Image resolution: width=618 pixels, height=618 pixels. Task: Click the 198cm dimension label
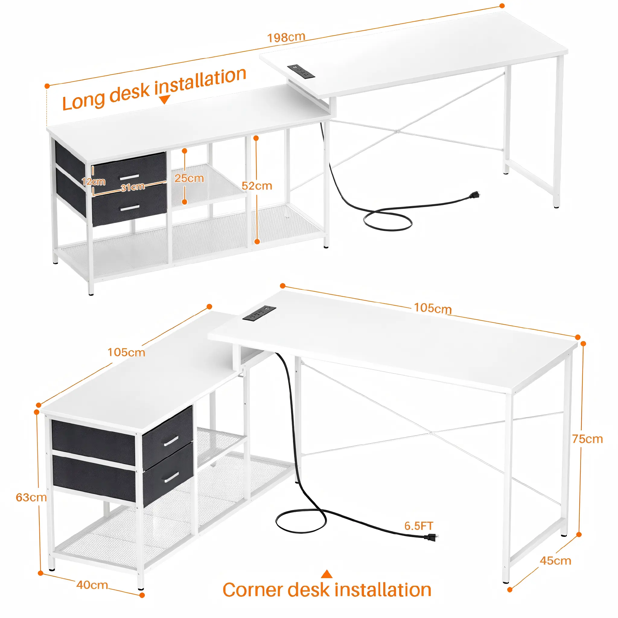(286, 37)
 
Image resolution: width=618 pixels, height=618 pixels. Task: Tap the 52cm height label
(257, 186)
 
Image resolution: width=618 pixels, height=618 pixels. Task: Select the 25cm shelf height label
(189, 178)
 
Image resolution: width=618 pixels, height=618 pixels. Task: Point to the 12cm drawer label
(94, 182)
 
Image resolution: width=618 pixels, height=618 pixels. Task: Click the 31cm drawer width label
(133, 187)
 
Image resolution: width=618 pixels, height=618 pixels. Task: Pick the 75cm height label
(587, 439)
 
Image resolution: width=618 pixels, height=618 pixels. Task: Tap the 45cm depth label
(555, 561)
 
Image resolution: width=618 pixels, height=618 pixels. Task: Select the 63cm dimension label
(31, 497)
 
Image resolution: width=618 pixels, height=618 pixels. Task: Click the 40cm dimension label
(92, 585)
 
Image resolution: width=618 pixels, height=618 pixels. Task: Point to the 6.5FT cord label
(419, 526)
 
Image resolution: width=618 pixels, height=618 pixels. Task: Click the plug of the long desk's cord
(474, 195)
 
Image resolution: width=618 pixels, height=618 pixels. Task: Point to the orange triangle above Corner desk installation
(327, 574)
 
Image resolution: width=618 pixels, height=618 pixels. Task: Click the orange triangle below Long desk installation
(164, 100)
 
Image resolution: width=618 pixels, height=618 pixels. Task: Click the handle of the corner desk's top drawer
(171, 441)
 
